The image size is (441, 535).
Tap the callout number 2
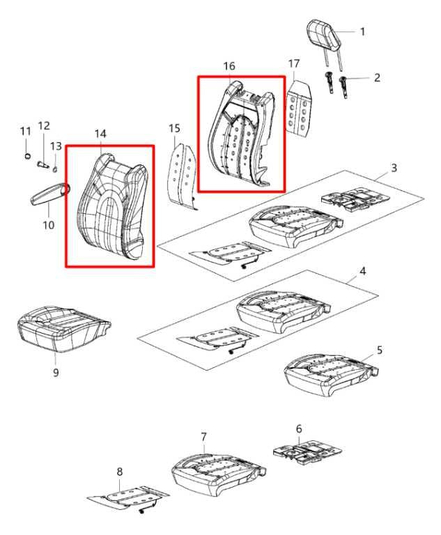tap(377, 77)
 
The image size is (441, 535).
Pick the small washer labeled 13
tap(55, 169)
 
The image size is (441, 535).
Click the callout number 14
tap(100, 134)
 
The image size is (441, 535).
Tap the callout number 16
tap(229, 66)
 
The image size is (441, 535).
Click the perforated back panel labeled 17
tap(300, 107)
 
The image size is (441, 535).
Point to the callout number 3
tap(394, 168)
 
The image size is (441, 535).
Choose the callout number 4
tap(363, 271)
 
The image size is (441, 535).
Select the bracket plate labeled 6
tap(307, 452)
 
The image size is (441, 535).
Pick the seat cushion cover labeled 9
tap(64, 328)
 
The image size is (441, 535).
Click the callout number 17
tap(293, 64)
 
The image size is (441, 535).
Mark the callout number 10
tap(49, 225)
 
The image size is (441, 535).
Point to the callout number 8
tap(119, 472)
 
